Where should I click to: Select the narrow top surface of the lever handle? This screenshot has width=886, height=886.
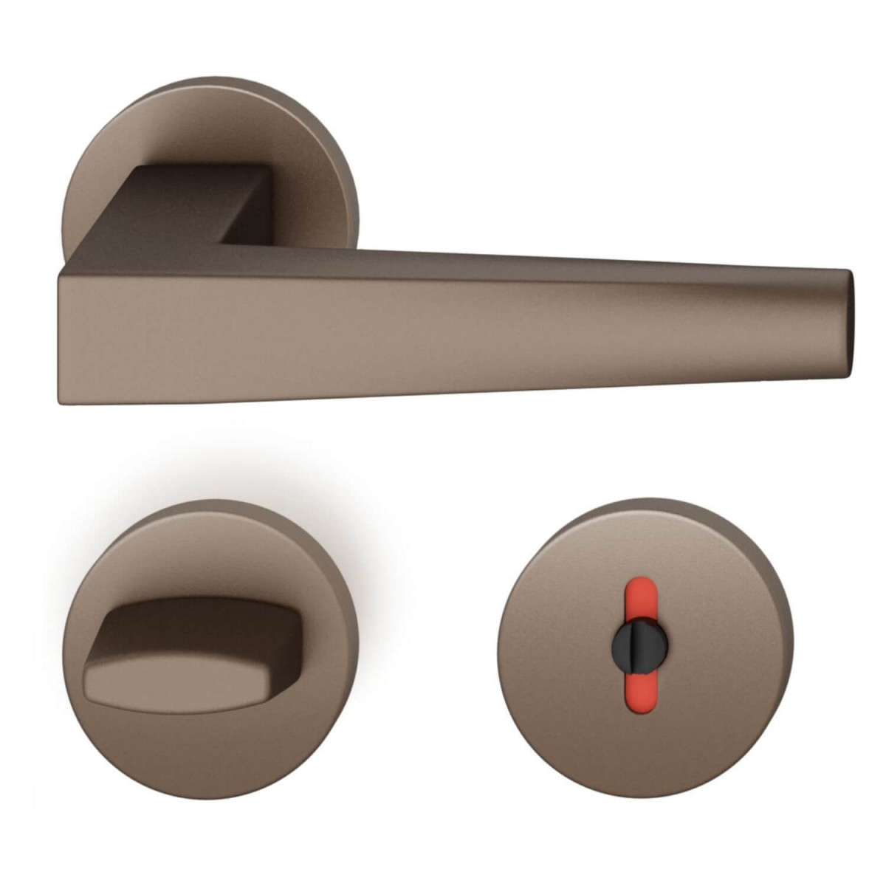click(x=517, y=262)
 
